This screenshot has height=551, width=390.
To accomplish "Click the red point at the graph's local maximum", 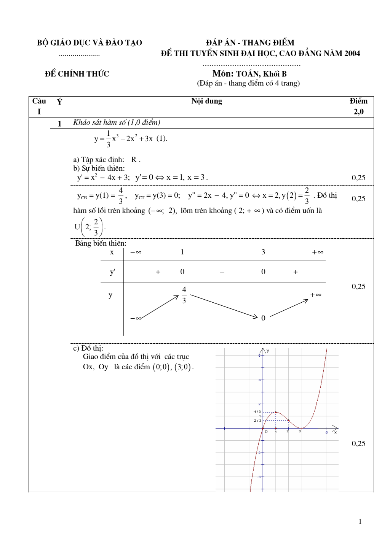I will (x=276, y=412).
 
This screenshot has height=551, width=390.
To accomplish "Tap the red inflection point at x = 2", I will (x=288, y=420).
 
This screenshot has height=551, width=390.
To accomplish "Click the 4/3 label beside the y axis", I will (x=257, y=411).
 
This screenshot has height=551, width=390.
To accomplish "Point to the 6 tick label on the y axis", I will (x=259, y=356).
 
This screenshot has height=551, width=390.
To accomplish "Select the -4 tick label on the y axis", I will (x=259, y=477).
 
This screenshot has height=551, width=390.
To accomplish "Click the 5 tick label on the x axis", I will (x=326, y=433).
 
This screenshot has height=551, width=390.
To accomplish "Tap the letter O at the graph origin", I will (x=266, y=432).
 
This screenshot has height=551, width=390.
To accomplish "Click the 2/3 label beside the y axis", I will (x=257, y=421).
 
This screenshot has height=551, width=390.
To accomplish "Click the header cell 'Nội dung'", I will (x=206, y=101).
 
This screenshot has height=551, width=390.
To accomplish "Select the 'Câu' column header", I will (x=39, y=101).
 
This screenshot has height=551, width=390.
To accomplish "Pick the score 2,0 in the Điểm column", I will (x=358, y=112).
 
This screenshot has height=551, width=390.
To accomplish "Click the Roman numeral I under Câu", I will (x=39, y=112).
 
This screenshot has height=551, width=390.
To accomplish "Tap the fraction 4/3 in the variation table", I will (x=184, y=295).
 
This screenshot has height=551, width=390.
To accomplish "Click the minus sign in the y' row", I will (x=222, y=272).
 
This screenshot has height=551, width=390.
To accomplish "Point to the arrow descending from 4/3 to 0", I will (x=224, y=306).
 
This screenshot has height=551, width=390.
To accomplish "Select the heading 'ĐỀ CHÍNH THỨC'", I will (x=77, y=74).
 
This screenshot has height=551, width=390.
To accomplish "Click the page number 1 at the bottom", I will (x=360, y=521).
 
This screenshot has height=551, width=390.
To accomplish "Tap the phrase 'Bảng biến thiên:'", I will (x=101, y=243).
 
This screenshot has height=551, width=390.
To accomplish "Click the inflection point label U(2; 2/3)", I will (x=90, y=227).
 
